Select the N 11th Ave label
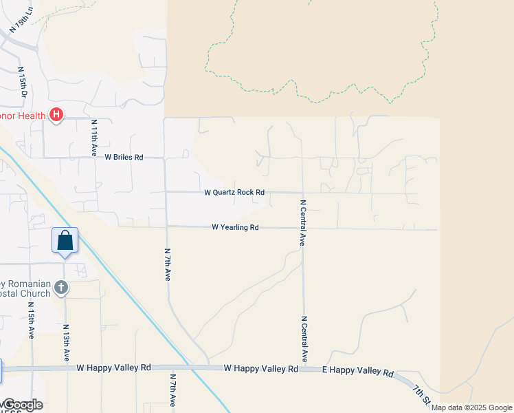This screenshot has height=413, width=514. pyautogui.click(x=95, y=135)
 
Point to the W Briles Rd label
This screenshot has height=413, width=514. pyautogui.click(x=124, y=157)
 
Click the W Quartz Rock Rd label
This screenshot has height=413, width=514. pyautogui.click(x=234, y=193)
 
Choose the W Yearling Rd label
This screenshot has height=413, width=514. pyautogui.click(x=235, y=227)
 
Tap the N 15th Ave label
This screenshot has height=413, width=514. pyautogui.click(x=32, y=320)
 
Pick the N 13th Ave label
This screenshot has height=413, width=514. pyautogui.click(x=67, y=343)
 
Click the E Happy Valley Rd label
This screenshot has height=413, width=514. pyautogui.click(x=357, y=372)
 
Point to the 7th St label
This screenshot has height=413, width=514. pyautogui.click(x=421, y=394)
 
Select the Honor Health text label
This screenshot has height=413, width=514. pyautogui.click(x=23, y=115)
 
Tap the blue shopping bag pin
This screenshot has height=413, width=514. pyautogui.click(x=65, y=241)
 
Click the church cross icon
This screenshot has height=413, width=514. pyautogui.click(x=61, y=287)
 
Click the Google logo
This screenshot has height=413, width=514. pyautogui.click(x=23, y=404)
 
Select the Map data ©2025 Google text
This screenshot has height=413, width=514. pyautogui.click(x=471, y=407)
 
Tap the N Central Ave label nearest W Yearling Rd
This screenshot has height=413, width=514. pyautogui.click(x=302, y=223)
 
